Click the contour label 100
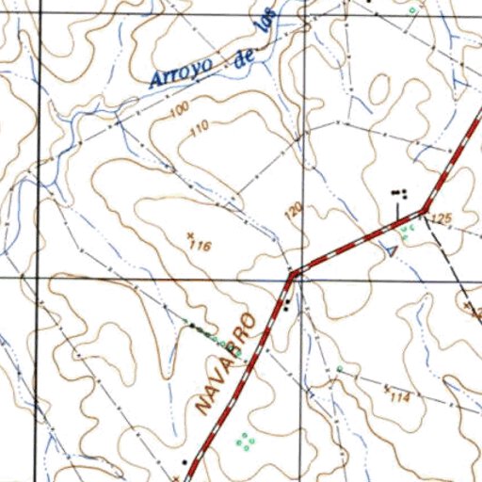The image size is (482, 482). coord(178,112)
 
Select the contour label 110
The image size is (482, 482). coord(198,132)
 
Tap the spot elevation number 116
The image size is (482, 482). coord(199,246)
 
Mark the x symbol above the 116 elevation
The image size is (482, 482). coord(191,233)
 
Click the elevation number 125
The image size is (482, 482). coord(441,219)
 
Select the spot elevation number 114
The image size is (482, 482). coord(399,398)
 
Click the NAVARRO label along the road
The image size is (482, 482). coord(227,363)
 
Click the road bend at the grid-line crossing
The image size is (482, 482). coord(295,274)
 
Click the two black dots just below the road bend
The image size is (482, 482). coord(286,303)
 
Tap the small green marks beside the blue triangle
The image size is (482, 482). coord(406,230)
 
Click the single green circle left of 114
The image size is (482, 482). coord(339,368)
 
